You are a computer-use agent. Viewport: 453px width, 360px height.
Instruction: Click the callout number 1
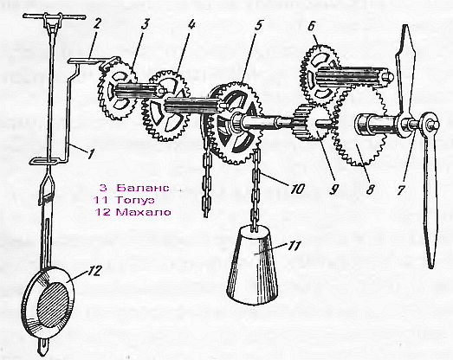[91, 153]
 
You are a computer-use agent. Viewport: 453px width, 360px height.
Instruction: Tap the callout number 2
[96, 24]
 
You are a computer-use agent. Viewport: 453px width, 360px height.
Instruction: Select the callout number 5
[258, 24]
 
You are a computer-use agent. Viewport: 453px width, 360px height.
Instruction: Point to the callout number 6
[311, 26]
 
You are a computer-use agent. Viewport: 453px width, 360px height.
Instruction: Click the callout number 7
[400, 190]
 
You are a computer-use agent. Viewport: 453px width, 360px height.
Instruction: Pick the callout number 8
[371, 190]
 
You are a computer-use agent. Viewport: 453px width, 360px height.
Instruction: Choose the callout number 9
[333, 190]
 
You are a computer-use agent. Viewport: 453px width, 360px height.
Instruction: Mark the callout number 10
[298, 189]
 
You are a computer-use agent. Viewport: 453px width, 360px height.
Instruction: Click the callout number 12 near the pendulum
[94, 271]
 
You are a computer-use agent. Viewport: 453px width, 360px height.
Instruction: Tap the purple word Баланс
[143, 188]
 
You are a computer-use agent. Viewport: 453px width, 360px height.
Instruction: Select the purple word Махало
[143, 212]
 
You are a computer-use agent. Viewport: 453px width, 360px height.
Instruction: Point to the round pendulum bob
[48, 303]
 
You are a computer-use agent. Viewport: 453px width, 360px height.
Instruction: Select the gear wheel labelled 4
[165, 106]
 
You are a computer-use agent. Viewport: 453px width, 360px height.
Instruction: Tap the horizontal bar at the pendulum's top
[55, 16]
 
